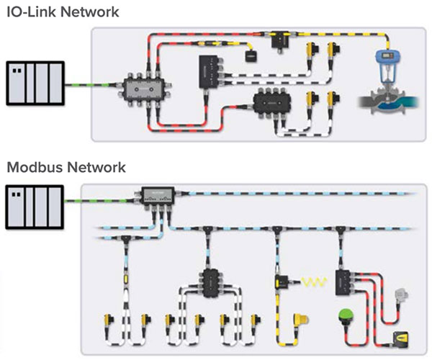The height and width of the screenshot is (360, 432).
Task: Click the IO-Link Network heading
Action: click(x=63, y=12)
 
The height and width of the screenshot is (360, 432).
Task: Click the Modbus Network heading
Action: click(x=66, y=168)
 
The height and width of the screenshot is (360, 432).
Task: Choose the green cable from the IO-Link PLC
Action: click(x=87, y=85)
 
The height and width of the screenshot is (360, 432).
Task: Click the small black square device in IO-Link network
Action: click(x=251, y=55)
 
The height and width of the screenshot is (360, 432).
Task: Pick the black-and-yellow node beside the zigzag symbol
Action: click(x=281, y=279)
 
